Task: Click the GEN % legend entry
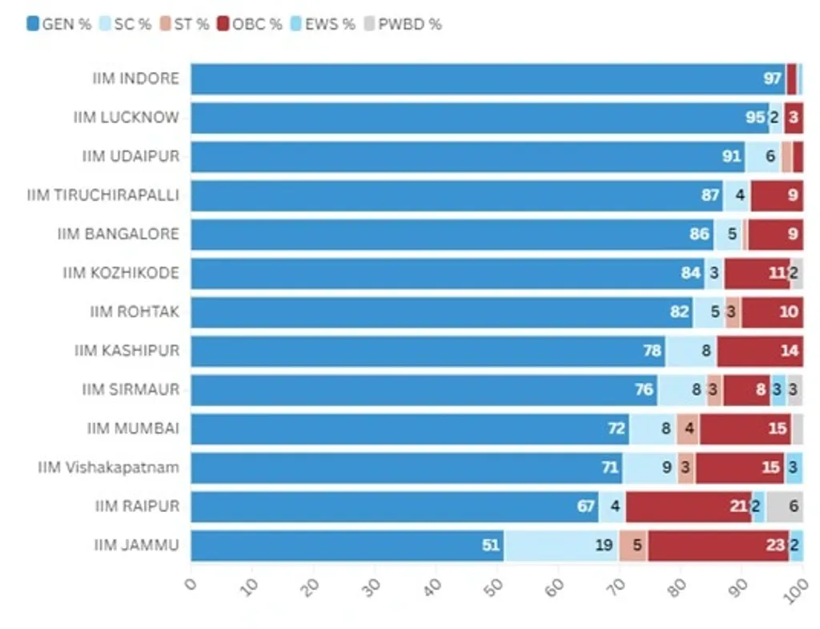tap(59, 24)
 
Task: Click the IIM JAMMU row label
tap(136, 546)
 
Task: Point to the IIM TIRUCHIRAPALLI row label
tap(103, 195)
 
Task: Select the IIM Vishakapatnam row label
tap(108, 467)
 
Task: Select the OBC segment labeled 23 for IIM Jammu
tap(718, 546)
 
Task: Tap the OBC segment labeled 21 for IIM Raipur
tap(689, 506)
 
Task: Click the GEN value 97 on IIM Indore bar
tap(772, 79)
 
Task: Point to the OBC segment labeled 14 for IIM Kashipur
tap(760, 351)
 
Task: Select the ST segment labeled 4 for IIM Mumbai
tap(688, 429)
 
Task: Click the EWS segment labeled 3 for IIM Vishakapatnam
tap(793, 467)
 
